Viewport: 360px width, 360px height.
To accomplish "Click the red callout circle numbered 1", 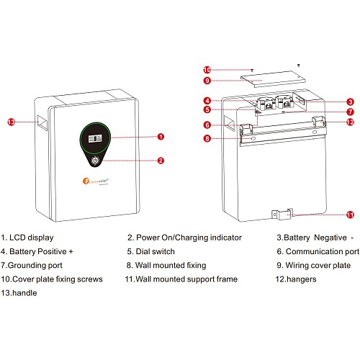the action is [x=161, y=137].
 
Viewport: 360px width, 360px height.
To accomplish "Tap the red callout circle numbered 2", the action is [x=161, y=161].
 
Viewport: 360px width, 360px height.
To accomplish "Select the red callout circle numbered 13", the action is [x=11, y=122].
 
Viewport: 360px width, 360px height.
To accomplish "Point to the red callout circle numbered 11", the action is [x=351, y=215].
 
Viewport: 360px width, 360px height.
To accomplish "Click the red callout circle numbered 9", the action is [x=207, y=81].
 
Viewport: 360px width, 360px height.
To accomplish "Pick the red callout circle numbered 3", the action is [x=351, y=102].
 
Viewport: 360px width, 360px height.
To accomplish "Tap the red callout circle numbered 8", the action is [x=207, y=138].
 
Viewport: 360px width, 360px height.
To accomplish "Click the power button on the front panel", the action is [x=95, y=161].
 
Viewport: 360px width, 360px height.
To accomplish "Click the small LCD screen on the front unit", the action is [x=95, y=138].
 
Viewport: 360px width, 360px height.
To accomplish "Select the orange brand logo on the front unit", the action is [x=86, y=181].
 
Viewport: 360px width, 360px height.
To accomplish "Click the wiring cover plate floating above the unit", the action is [x=273, y=79].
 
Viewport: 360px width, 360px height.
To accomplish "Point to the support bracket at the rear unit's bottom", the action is [x=282, y=214].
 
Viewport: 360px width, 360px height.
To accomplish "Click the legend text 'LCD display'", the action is [x=32, y=238].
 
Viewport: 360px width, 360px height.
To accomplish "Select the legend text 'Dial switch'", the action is [x=156, y=251].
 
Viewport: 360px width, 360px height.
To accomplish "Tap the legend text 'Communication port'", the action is [x=323, y=251].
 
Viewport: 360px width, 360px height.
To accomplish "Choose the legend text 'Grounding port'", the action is [x=35, y=266].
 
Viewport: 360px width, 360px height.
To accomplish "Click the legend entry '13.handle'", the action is [x=19, y=293].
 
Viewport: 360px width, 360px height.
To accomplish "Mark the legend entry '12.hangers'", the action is [x=296, y=279].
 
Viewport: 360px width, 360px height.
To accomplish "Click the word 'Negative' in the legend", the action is [x=330, y=238].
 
